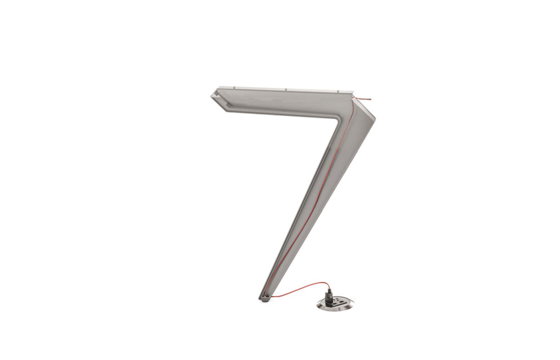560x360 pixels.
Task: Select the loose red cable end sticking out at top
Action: pos(367,99)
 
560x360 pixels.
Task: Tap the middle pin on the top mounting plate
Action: pos(286,89)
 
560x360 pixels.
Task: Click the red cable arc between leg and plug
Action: pos(302,287)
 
